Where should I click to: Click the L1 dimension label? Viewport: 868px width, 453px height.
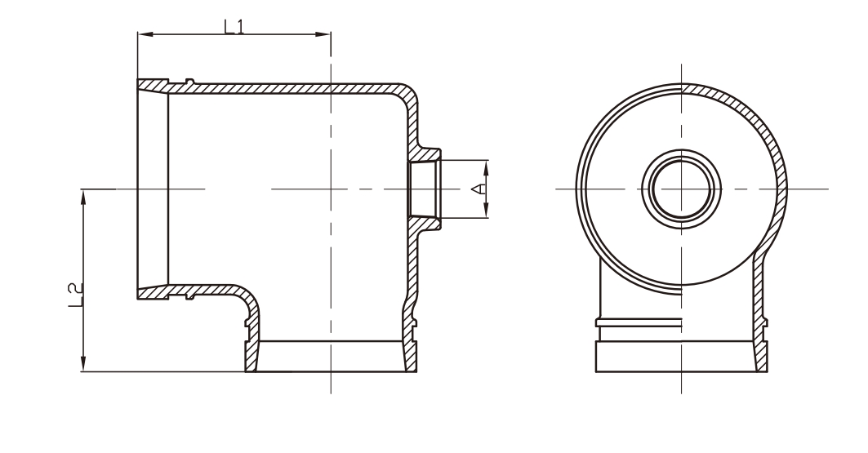coord(234,25)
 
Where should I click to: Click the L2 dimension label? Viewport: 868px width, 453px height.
coord(74,297)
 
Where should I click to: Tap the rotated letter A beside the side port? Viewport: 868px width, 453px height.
coord(481,189)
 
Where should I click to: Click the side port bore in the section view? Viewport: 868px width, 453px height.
coord(424,189)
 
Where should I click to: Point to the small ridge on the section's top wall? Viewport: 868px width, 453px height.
coord(189,81)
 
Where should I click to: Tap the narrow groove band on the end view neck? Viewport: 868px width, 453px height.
coord(639,322)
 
